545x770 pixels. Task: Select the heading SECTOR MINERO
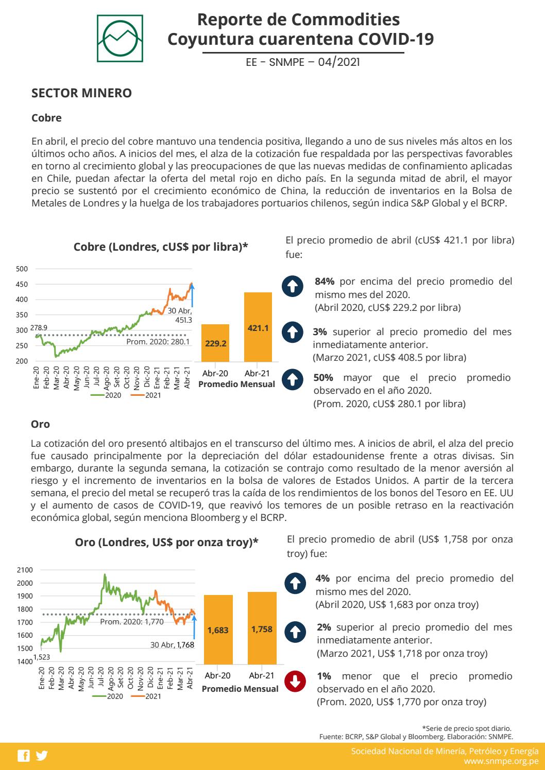pyautogui.click(x=81, y=93)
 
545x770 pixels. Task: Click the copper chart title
pyautogui.click(x=161, y=247)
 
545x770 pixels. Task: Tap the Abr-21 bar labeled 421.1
pyautogui.click(x=258, y=327)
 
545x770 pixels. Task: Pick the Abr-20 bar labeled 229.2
pyautogui.click(x=215, y=343)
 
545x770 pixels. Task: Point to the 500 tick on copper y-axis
pyautogui.click(x=22, y=269)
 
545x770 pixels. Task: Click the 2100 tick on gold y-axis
pyautogui.click(x=24, y=570)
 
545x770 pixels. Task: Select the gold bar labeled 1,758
pyautogui.click(x=262, y=628)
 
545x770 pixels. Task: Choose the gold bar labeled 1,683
pyautogui.click(x=218, y=630)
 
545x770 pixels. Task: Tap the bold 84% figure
pyautogui.click(x=325, y=281)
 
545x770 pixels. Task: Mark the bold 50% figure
pyautogui.click(x=323, y=378)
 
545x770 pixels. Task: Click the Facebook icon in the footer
pyautogui.click(x=23, y=756)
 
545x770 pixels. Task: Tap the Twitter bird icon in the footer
pyautogui.click(x=41, y=756)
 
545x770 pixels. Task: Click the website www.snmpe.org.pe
pyautogui.click(x=501, y=760)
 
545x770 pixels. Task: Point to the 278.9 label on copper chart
pyautogui.click(x=39, y=328)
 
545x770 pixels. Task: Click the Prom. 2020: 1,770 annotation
pyautogui.click(x=131, y=622)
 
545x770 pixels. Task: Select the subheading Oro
pyautogui.click(x=41, y=424)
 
